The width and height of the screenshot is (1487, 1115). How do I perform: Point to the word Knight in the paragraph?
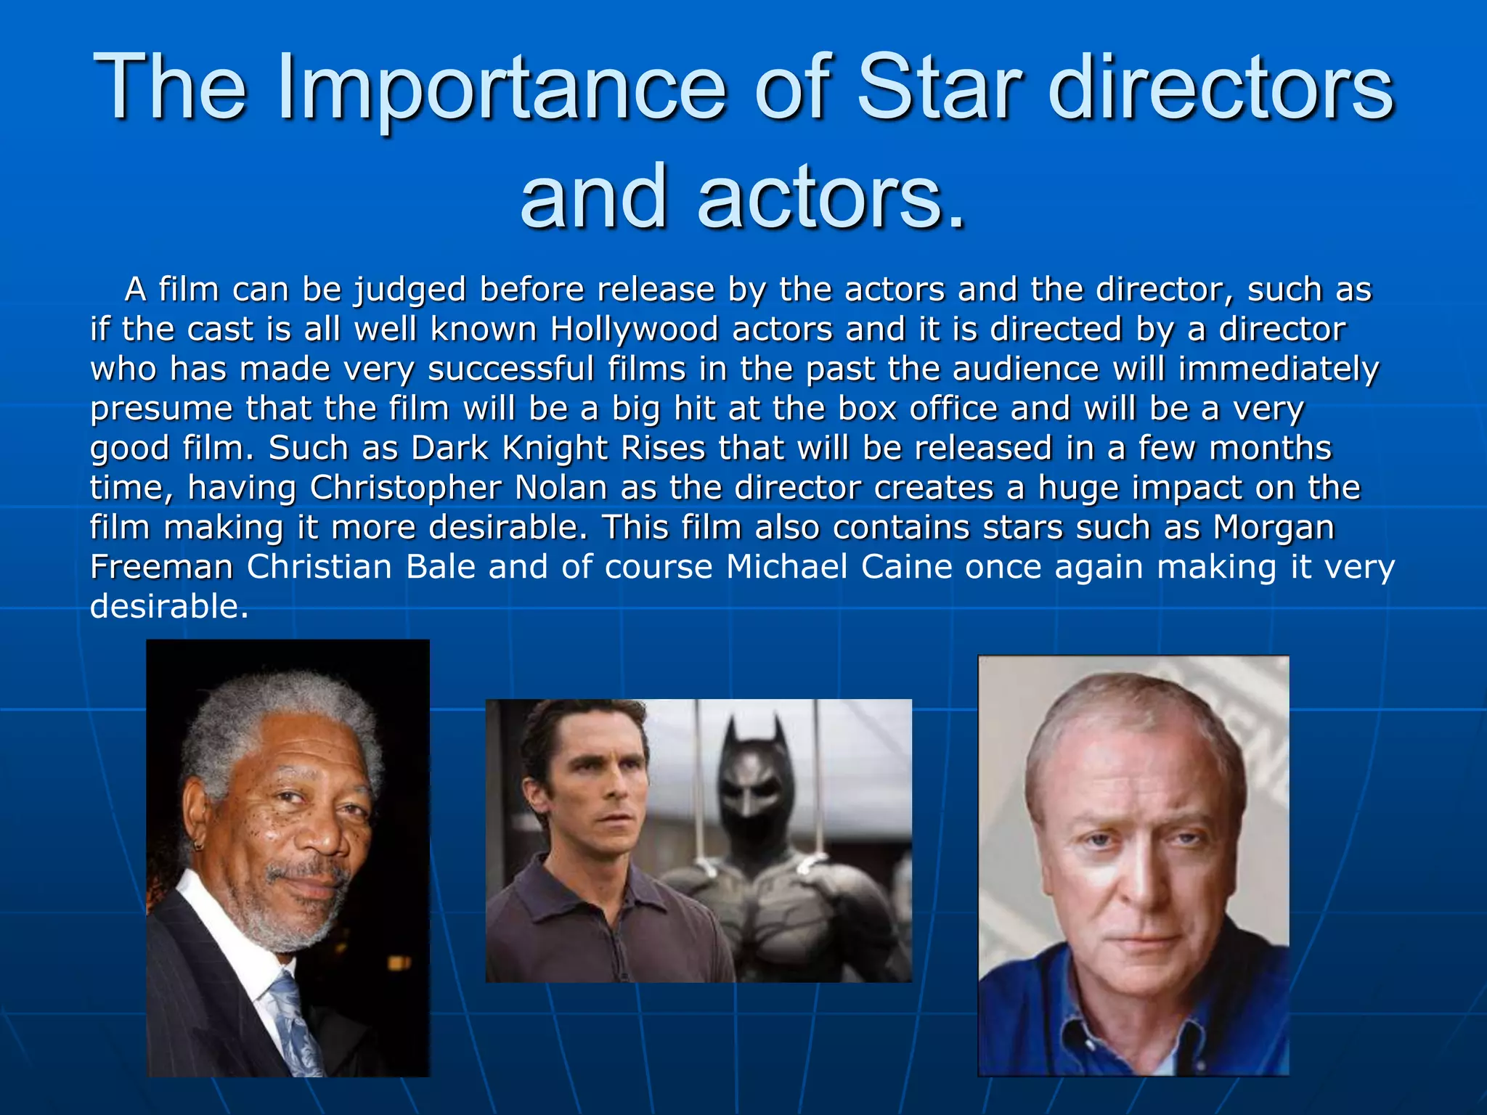click(x=555, y=448)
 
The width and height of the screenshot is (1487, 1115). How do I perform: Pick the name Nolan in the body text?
click(x=561, y=488)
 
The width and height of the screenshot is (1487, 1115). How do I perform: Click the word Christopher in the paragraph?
click(x=405, y=489)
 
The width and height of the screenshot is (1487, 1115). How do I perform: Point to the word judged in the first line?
click(x=410, y=290)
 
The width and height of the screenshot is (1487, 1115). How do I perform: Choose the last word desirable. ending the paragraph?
click(x=169, y=606)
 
